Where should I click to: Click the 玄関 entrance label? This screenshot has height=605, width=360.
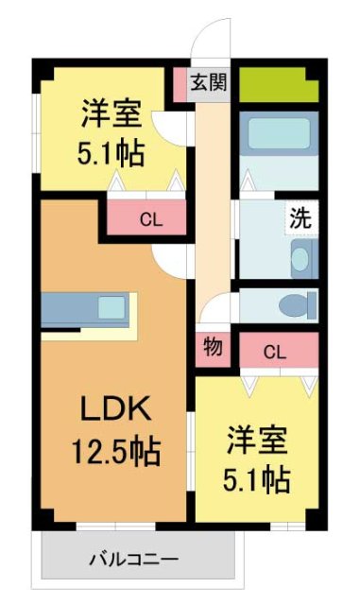[x=209, y=83]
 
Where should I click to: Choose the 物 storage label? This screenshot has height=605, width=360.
[x=213, y=347]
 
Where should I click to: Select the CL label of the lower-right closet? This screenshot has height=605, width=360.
[x=274, y=354]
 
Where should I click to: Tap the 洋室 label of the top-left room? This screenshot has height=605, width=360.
[x=111, y=115]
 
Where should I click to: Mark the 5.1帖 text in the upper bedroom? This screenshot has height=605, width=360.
[x=111, y=152]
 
